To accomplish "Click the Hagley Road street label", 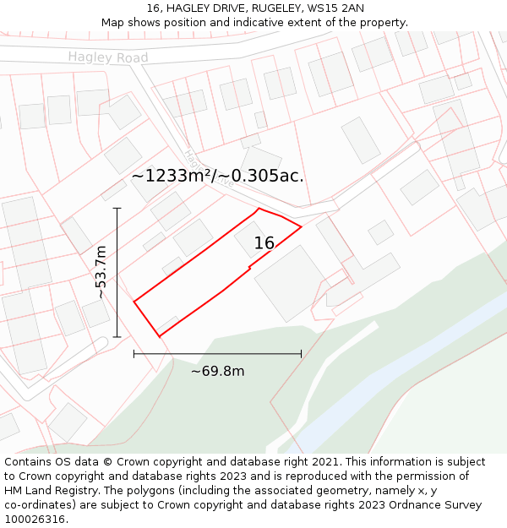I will (108, 57).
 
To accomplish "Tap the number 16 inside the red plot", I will (264, 243).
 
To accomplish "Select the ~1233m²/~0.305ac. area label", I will (217, 176).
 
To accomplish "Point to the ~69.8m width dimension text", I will (217, 372).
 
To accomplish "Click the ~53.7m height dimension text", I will (101, 272).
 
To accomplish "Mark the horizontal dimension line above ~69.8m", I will (217, 354).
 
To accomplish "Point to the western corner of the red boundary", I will (134, 300).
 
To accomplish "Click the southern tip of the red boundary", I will (159, 336).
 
